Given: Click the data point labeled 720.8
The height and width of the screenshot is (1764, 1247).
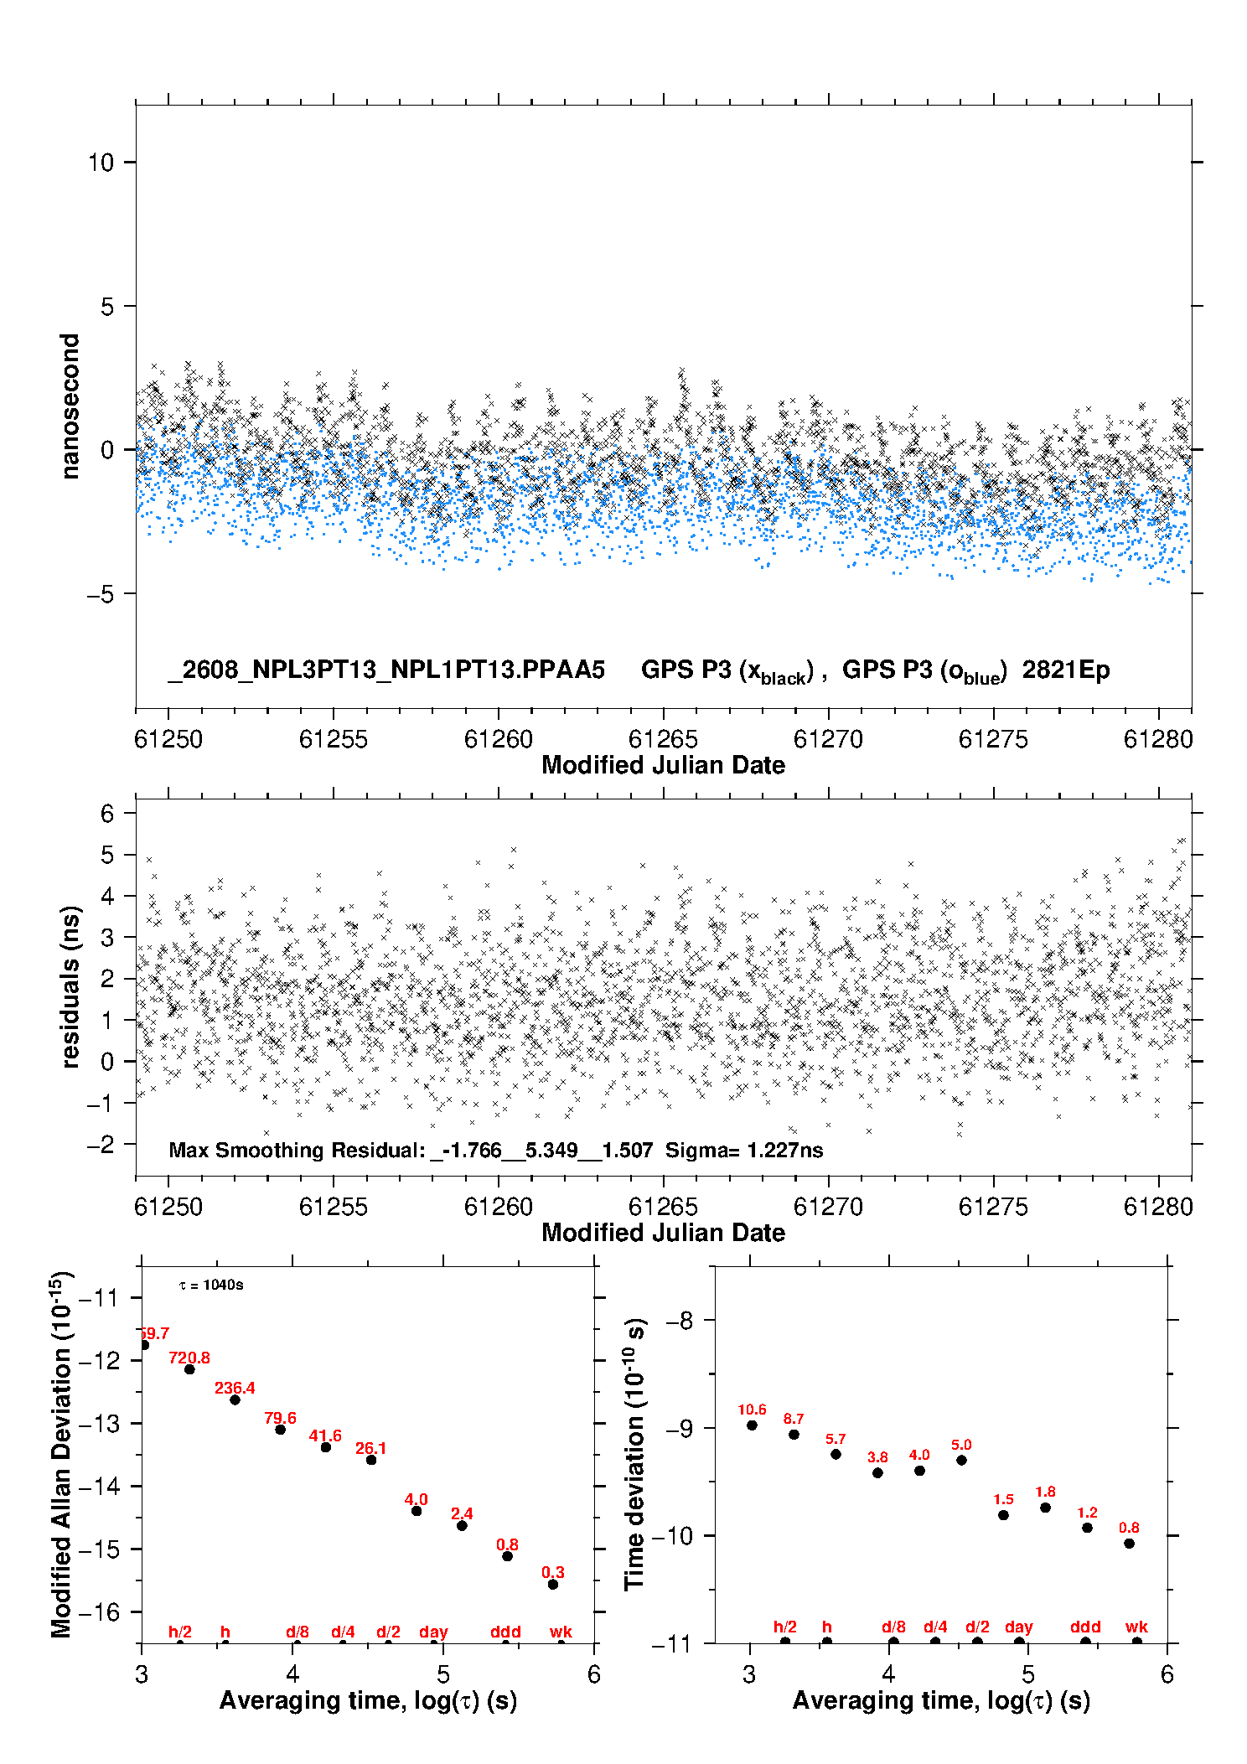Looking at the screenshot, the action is click(189, 1369).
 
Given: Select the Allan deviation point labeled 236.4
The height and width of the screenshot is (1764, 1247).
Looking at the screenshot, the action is click(235, 1399).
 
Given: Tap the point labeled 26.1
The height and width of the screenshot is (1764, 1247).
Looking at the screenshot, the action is click(371, 1460).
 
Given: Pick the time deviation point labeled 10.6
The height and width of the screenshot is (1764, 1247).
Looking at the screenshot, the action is click(752, 1425).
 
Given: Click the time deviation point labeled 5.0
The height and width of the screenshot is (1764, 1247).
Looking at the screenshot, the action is click(961, 1460).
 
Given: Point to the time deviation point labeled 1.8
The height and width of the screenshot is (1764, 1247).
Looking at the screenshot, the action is click(1045, 1508).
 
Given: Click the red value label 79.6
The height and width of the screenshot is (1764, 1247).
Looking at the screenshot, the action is click(280, 1418).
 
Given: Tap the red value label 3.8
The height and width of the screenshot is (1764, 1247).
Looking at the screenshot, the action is click(877, 1457).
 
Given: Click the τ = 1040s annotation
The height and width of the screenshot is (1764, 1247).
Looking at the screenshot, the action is click(211, 1285).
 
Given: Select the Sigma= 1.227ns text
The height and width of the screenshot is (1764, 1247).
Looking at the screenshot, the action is click(744, 1150).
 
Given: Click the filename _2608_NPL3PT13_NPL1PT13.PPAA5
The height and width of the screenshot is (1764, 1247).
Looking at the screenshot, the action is click(386, 670).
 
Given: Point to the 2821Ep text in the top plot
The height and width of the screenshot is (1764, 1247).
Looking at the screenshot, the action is click(1066, 670).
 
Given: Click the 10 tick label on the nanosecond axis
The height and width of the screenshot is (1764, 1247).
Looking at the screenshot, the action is click(101, 162).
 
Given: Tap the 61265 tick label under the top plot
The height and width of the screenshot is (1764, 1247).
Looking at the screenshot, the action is click(663, 739).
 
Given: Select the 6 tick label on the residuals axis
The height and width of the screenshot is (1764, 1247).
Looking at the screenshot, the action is click(107, 813).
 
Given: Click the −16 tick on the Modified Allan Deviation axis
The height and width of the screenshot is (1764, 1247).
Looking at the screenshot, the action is click(97, 1611).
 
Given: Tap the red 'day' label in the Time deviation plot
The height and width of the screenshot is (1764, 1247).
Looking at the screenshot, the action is click(1019, 1627).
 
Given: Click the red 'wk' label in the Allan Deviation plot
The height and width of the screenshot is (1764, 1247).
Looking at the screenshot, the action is click(561, 1632).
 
